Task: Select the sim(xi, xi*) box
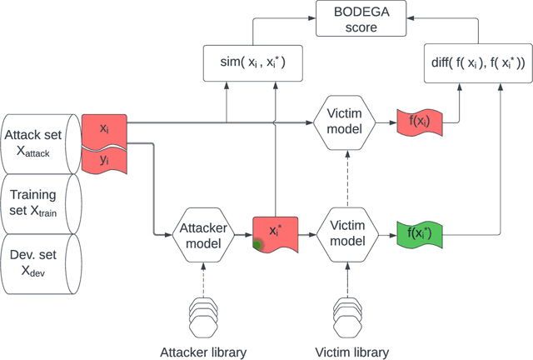pos(252,63)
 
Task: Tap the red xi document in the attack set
pos(104,130)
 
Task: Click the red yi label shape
pos(104,160)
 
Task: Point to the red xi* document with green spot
pos(275,231)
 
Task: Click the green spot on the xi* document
pos(260,244)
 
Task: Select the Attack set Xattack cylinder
pos(40,142)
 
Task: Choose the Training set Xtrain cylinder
pos(40,203)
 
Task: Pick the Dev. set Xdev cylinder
pos(40,263)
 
